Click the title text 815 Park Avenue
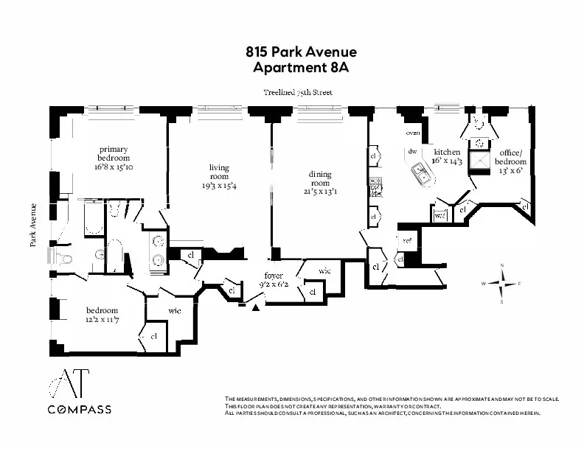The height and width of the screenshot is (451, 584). [301, 52]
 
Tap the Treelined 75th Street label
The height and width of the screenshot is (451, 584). [298, 93]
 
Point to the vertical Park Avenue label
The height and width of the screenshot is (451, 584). [33, 225]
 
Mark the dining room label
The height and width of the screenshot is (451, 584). [320, 178]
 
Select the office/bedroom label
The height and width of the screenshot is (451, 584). [510, 157]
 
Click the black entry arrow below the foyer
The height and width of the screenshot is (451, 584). [256, 308]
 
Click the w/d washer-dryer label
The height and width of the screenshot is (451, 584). [440, 215]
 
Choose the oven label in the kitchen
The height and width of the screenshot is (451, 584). [413, 133]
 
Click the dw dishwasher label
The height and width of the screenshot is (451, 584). [412, 152]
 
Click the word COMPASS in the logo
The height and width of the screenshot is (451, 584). [79, 409]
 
